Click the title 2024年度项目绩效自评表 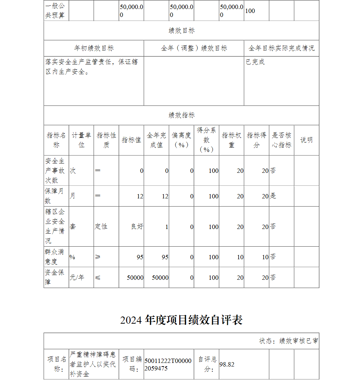pyautogui.click(x=181, y=320)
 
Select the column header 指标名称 pyautogui.click(x=56, y=140)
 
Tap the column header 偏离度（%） pyautogui.click(x=181, y=140)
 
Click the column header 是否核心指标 pyautogui.click(x=281, y=140)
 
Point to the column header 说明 pyautogui.click(x=306, y=140)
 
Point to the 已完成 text pyautogui.click(x=255, y=62)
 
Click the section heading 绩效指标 pyautogui.click(x=181, y=115)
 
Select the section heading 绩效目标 pyautogui.click(x=181, y=31)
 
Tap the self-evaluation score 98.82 pyautogui.click(x=227, y=364)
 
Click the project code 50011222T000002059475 pyautogui.click(x=168, y=364)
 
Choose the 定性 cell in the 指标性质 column pyautogui.click(x=101, y=227)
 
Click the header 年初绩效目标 pyautogui.click(x=94, y=48)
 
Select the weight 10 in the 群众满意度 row pyautogui.click(x=240, y=257)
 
